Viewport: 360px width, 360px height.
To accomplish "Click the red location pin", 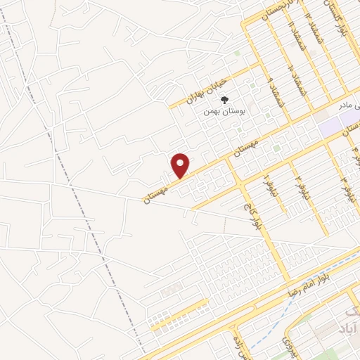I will (x=181, y=165).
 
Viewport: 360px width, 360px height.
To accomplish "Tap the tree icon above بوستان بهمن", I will (x=225, y=100).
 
